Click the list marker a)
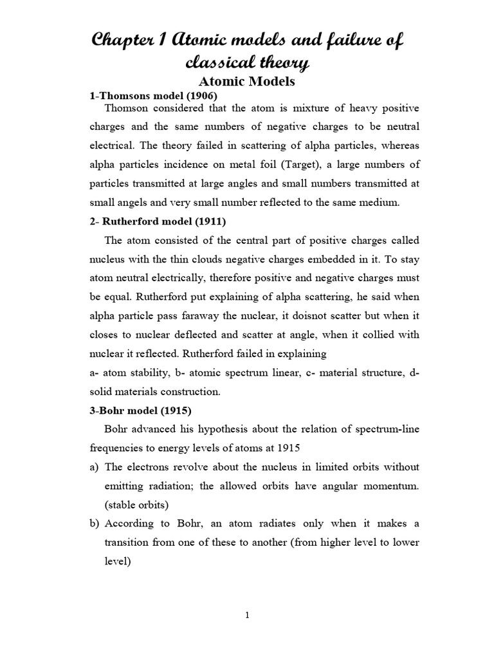click(93, 467)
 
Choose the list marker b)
click(93, 523)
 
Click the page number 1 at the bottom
click(247, 615)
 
